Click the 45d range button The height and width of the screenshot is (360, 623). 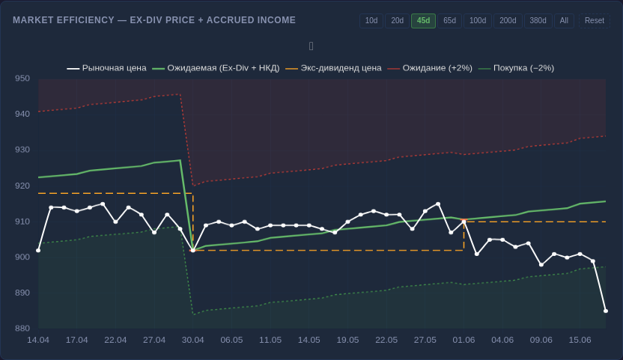click(x=423, y=21)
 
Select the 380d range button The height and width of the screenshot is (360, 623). click(x=538, y=21)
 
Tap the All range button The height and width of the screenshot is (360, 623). click(x=564, y=21)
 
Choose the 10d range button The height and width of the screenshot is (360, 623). click(x=371, y=21)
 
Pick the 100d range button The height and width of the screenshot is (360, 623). click(x=478, y=21)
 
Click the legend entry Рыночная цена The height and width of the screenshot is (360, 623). click(x=106, y=68)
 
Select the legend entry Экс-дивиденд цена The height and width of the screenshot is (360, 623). click(x=333, y=68)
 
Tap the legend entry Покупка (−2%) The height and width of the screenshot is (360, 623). click(x=516, y=68)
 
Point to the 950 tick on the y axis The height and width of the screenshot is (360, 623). click(x=22, y=79)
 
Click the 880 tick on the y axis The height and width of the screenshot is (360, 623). click(x=22, y=329)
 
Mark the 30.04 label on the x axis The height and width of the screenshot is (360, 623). click(x=192, y=340)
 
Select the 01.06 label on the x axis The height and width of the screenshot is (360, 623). click(x=464, y=340)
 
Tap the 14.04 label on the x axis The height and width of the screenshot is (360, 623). click(x=38, y=340)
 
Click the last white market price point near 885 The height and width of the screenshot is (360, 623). click(x=606, y=311)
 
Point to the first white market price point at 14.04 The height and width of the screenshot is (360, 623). click(x=38, y=250)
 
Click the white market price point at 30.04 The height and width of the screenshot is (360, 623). click(x=192, y=250)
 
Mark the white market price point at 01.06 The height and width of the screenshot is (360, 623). click(x=464, y=222)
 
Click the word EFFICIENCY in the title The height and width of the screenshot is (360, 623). click(x=79, y=20)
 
